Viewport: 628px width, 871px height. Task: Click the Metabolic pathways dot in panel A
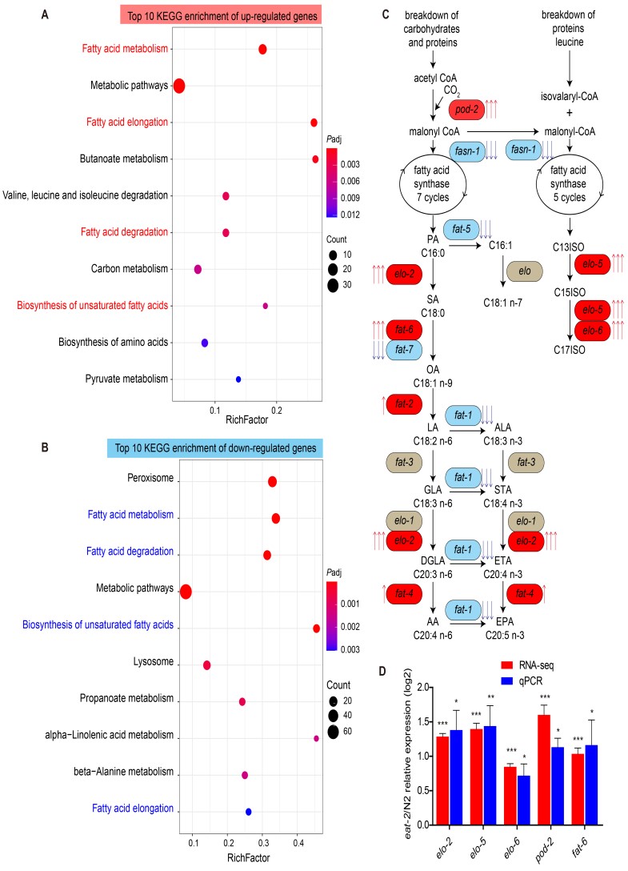pos(179,86)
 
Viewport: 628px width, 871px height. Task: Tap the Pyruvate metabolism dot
pos(238,379)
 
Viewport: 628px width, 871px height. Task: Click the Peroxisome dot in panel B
pos(272,481)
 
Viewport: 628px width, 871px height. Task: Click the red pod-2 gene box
pos(466,109)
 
